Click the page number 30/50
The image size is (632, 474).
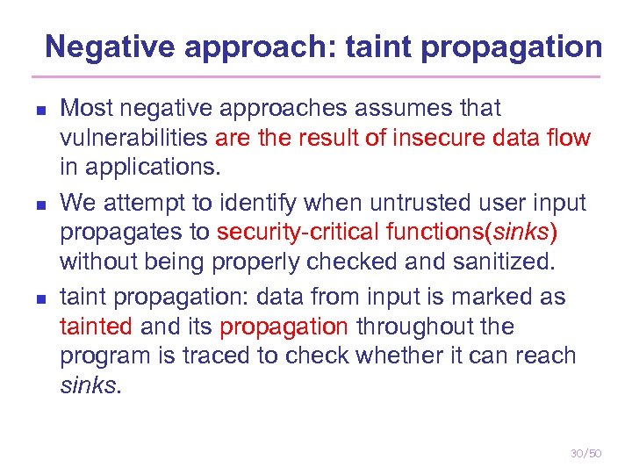[585, 453]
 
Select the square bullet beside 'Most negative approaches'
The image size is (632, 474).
[28, 111]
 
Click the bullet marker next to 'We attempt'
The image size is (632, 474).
[28, 205]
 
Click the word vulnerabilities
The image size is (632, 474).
[133, 138]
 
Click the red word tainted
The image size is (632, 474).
[96, 327]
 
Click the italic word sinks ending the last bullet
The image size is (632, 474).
[88, 384]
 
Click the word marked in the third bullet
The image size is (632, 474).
[485, 298]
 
